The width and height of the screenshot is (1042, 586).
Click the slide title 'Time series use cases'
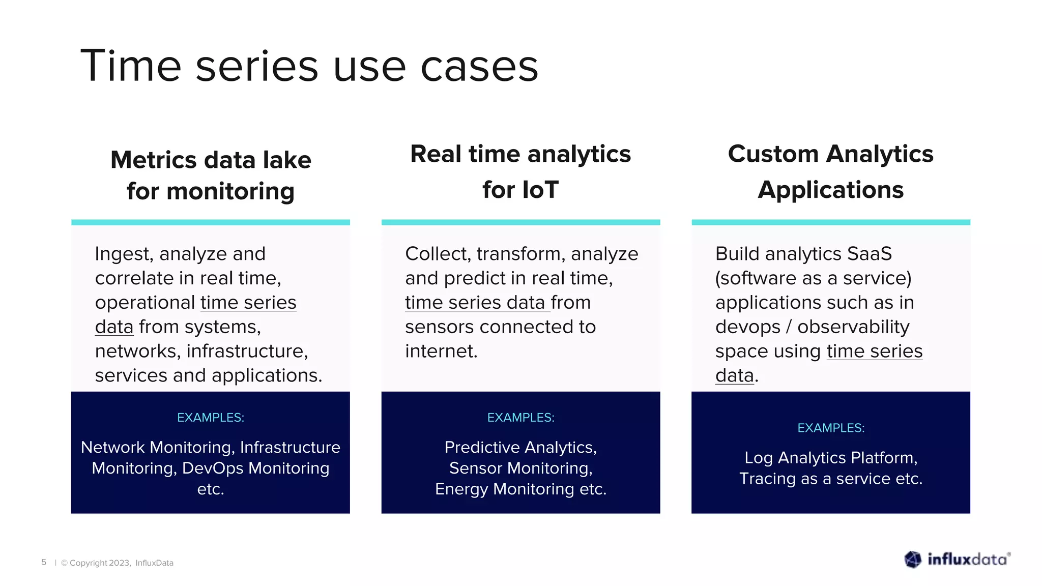(309, 66)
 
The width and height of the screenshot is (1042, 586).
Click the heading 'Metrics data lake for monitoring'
(211, 175)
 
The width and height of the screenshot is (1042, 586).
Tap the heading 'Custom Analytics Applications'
(830, 172)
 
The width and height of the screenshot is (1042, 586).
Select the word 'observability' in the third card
(853, 327)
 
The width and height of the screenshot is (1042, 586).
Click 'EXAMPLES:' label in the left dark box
(211, 418)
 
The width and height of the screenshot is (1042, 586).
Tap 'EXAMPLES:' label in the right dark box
(830, 428)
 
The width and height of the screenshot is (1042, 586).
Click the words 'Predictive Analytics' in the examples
(519, 447)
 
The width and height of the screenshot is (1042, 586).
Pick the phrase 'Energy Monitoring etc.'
(520, 489)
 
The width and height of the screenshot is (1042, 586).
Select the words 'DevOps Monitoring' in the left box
(255, 468)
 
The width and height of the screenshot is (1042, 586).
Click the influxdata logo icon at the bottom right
(913, 560)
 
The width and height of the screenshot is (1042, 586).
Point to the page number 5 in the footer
(44, 562)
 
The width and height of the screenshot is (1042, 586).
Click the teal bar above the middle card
(520, 222)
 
